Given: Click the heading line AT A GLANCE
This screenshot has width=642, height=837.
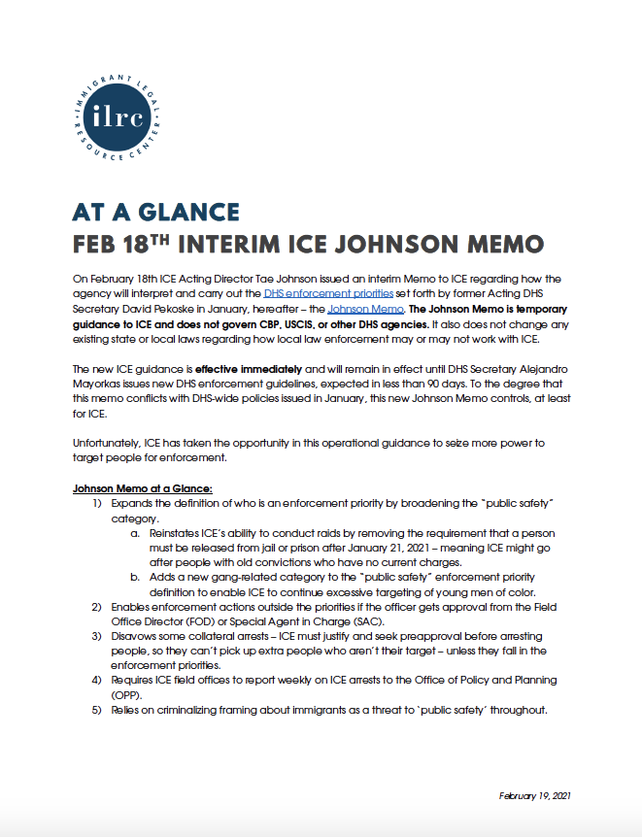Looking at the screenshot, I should (156, 213).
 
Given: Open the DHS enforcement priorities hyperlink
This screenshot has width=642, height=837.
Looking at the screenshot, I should (328, 292).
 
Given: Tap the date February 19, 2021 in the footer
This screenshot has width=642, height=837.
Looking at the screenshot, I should (535, 795).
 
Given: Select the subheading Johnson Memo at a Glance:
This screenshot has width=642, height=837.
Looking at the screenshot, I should (135, 487).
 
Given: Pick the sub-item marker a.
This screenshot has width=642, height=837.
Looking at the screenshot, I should (135, 533).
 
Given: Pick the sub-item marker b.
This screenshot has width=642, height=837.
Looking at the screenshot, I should (135, 577).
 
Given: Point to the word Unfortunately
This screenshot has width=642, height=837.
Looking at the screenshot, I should (106, 443).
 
